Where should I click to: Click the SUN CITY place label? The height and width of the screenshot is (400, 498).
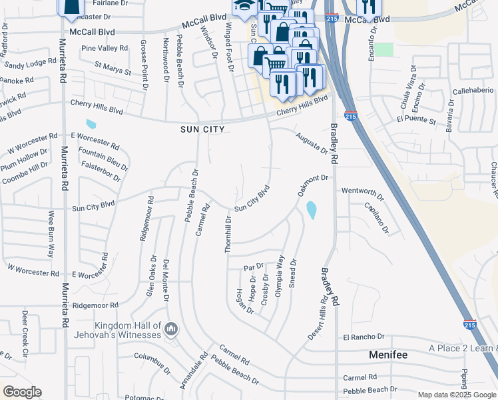click(x=202, y=129)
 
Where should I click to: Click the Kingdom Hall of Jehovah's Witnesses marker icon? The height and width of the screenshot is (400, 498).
click(x=171, y=328)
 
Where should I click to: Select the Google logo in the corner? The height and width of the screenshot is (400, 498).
click(x=22, y=392)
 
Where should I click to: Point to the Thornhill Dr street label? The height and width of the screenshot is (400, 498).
click(x=228, y=233)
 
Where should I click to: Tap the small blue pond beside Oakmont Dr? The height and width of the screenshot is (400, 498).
click(x=312, y=210)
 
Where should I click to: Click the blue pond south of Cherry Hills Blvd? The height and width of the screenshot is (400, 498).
click(x=91, y=123)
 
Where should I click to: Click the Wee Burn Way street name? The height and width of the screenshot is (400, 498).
click(x=50, y=234)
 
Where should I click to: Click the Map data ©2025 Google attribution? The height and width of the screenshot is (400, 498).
click(x=456, y=395)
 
